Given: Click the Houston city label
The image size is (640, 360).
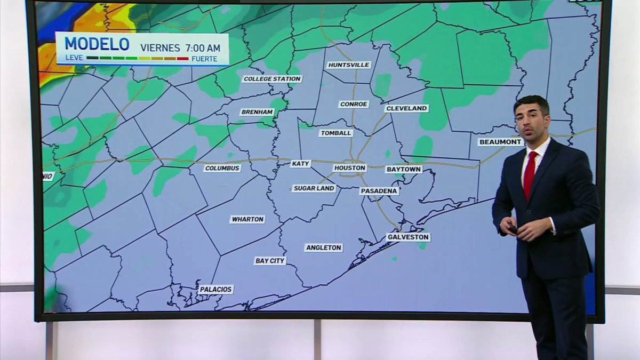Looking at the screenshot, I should click(x=350, y=168).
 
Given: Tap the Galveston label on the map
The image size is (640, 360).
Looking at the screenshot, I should click(x=408, y=237).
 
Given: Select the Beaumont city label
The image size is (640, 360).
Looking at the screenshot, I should click(x=500, y=142).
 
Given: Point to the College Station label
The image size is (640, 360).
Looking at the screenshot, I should click(x=272, y=79).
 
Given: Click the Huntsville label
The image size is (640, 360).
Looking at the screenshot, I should click(x=349, y=65).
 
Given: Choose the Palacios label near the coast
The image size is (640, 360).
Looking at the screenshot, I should click(x=216, y=290).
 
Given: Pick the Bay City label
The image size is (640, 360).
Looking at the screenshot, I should click(x=270, y=261).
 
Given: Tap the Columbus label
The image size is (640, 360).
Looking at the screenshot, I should click(x=222, y=169).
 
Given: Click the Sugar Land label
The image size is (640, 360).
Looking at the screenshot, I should click(x=314, y=188).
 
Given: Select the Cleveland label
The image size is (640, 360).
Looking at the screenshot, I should click(x=406, y=108).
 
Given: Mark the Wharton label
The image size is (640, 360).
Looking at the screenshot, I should click(x=247, y=219).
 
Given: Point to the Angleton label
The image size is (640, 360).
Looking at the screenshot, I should click(x=323, y=247).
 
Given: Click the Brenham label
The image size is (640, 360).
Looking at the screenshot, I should click(x=257, y=112).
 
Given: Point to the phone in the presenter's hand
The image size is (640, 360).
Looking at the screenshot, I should click(x=513, y=229).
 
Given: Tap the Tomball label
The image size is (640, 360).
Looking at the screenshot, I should click(x=336, y=133).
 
